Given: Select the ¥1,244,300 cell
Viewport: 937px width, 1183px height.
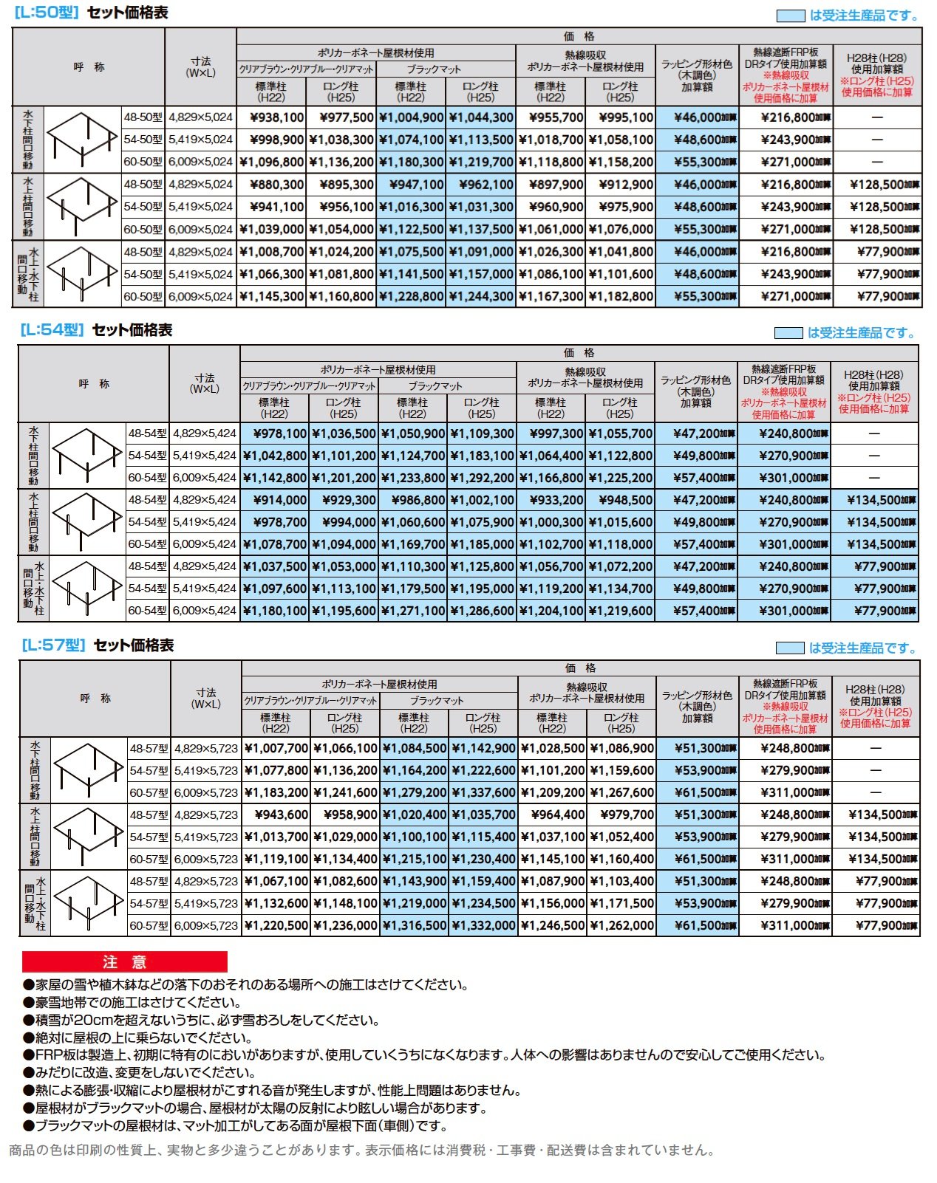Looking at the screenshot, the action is tap(481, 297).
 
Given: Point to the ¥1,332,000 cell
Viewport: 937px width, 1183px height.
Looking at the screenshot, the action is tap(483, 926).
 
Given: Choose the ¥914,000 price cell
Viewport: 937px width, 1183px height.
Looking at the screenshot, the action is tap(275, 500).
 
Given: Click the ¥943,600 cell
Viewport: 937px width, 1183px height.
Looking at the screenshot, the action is tap(276, 815).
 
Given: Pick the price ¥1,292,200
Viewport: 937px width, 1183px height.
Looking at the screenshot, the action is tap(482, 478).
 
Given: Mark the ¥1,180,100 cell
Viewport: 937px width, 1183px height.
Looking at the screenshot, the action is tap(275, 611).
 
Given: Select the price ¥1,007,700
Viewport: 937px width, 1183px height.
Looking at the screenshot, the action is tap(276, 749).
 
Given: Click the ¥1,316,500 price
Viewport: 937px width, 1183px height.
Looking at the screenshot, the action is tap(414, 926).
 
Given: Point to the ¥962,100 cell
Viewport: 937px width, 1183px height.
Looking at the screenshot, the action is tap(481, 185).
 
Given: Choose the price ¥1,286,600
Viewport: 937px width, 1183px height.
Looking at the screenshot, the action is tap(482, 611).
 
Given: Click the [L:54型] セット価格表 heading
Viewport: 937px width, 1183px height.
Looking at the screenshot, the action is tap(96, 330).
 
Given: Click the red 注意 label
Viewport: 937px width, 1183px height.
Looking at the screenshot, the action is tap(124, 961).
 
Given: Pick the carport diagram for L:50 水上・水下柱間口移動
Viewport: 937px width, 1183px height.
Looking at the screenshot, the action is tap(82, 273).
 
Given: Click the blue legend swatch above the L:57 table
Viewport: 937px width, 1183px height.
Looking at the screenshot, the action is tap(789, 648).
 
